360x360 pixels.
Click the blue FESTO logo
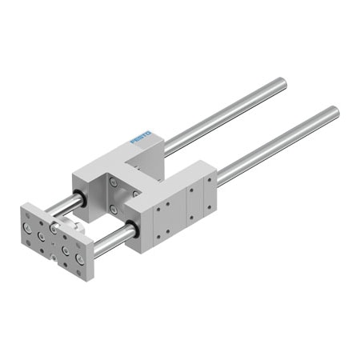point(141,137)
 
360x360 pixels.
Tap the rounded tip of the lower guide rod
point(336,110)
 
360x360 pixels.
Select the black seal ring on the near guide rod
point(132,229)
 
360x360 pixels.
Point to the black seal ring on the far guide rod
point(80,198)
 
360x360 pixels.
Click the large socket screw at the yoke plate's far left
point(27,227)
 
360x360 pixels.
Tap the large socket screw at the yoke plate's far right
point(79,258)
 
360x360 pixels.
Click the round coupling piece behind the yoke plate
point(70,223)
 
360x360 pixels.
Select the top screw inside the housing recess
point(114,182)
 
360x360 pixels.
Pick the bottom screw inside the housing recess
point(114,210)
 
